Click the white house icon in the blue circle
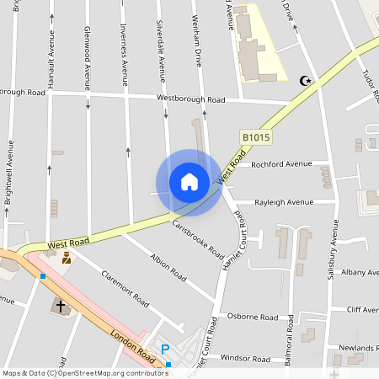point(189,182)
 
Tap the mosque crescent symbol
point(305,81)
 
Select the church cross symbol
point(60,305)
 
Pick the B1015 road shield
point(256,136)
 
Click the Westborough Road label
point(191,99)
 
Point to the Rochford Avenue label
point(275,163)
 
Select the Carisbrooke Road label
point(197,239)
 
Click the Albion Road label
point(168,266)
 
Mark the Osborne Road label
point(253,318)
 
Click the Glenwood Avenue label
point(87,57)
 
